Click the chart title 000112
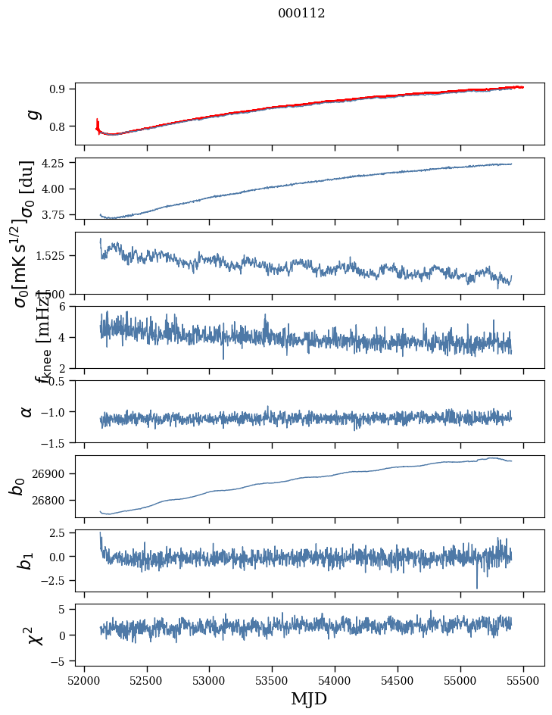coord(291,13)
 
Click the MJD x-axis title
coord(309,698)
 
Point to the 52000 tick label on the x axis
coord(84,680)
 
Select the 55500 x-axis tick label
coord(524,680)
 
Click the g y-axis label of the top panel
coord(32,114)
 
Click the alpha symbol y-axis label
coord(27,411)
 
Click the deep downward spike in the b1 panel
coord(477,586)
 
